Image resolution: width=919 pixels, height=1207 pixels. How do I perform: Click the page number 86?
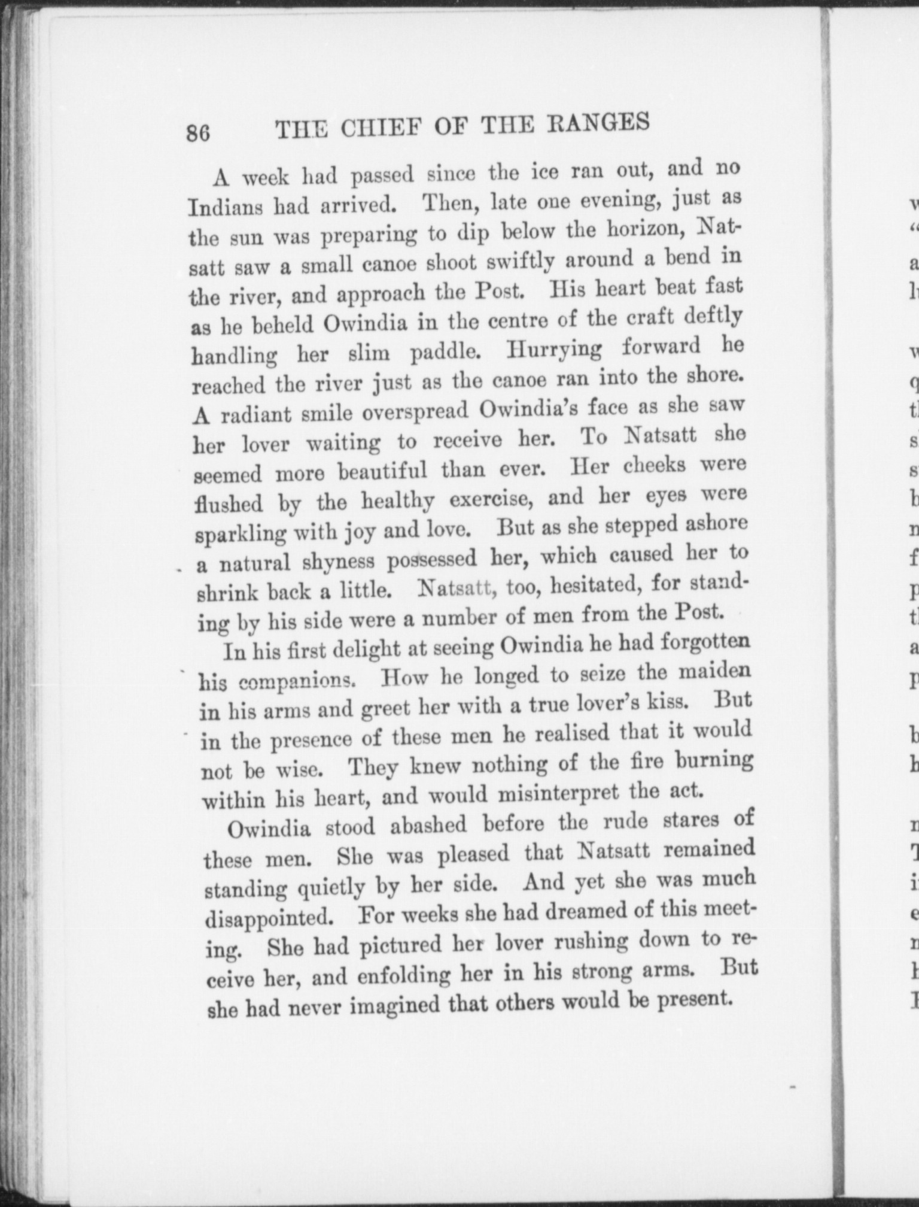(198, 132)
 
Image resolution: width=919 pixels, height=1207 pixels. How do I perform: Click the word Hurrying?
(554, 348)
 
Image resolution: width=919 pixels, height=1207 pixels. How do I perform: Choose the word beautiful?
(383, 471)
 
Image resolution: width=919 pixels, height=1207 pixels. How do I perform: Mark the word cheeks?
(654, 465)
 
